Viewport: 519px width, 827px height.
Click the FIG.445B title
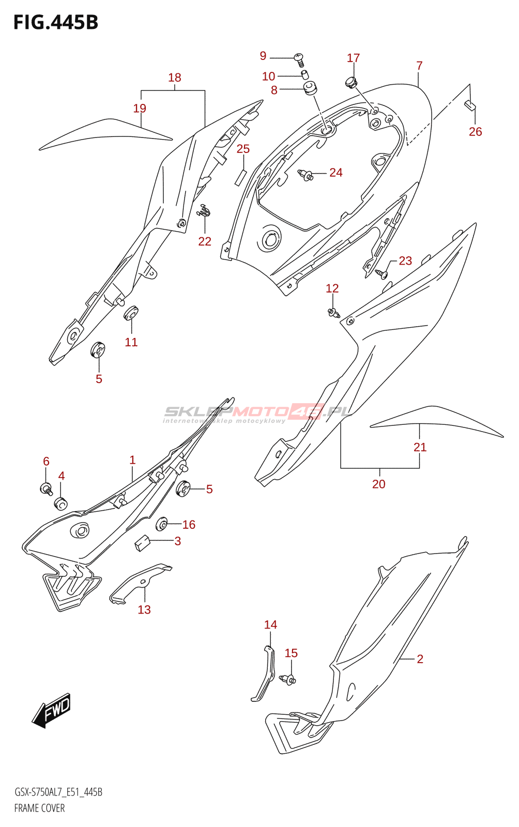pyautogui.click(x=56, y=22)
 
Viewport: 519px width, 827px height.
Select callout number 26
pyautogui.click(x=475, y=132)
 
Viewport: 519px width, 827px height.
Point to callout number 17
pyautogui.click(x=353, y=58)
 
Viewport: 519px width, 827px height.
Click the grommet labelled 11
pyautogui.click(x=131, y=313)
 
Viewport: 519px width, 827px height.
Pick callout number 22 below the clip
pyautogui.click(x=205, y=241)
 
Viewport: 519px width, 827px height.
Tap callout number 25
pyautogui.click(x=243, y=149)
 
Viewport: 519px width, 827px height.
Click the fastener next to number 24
pyautogui.click(x=306, y=176)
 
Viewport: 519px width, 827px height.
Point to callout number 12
pyautogui.click(x=332, y=288)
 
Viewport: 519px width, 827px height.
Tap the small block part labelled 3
pyautogui.click(x=142, y=543)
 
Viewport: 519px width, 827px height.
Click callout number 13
pyautogui.click(x=144, y=610)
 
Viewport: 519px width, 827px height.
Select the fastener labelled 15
pyautogui.click(x=287, y=680)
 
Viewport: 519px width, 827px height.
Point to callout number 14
pyautogui.click(x=270, y=625)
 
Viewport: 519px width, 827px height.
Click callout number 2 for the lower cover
pyautogui.click(x=420, y=659)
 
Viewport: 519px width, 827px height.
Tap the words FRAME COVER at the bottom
pyautogui.click(x=39, y=808)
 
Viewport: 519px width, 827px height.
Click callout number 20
pyautogui.click(x=379, y=484)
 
